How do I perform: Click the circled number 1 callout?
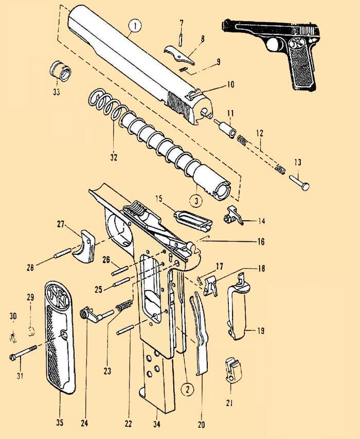tap(135, 26)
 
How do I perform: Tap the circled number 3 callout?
tap(196, 201)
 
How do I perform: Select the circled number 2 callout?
tap(187, 389)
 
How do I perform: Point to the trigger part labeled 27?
tap(84, 247)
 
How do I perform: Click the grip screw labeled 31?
tap(23, 352)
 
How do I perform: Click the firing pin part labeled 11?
tap(225, 128)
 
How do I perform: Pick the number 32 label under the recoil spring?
tap(113, 157)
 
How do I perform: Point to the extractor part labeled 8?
tap(179, 55)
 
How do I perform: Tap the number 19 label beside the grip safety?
tap(261, 331)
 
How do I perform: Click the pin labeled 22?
tap(127, 329)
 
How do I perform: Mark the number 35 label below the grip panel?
tap(60, 422)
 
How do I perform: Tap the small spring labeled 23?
tap(124, 305)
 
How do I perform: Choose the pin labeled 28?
tap(62, 253)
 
